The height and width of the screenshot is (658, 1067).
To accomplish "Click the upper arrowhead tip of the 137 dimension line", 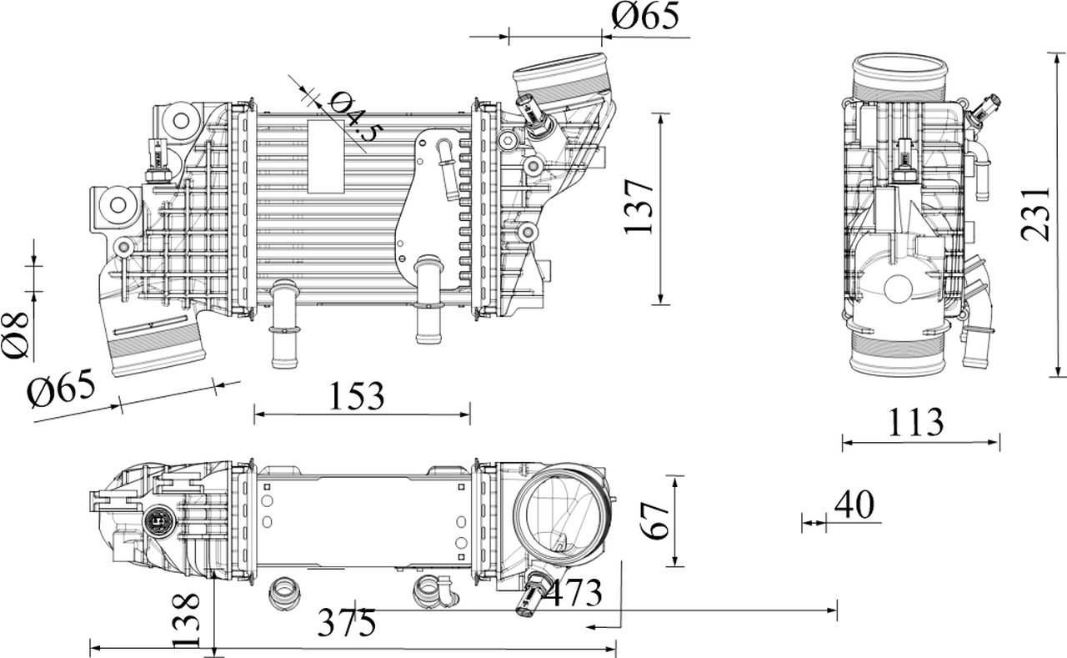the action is coord(660,114).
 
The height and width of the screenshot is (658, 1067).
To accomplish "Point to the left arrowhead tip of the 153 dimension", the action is coord(254,414).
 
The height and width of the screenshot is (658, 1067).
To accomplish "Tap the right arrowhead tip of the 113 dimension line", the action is coord(999,443).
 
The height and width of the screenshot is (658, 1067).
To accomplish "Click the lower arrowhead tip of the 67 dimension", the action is coord(675,566).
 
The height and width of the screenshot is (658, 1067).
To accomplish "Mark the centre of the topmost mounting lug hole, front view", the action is coord(181,121).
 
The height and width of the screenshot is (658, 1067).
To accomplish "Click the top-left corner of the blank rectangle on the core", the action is coord(308,120).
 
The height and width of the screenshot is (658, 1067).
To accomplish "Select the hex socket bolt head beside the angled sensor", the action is coord(507,141).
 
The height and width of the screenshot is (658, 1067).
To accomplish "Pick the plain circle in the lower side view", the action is coord(898,289).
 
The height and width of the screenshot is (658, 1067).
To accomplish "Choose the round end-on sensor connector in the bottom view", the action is coord(160,523).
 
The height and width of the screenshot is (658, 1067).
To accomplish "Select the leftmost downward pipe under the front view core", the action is coord(284,324).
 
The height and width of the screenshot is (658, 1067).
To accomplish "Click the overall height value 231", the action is coord(1036,214).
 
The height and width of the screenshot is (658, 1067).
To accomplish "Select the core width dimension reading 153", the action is coord(357,396).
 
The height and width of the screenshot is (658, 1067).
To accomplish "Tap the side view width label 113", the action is coord(916,422).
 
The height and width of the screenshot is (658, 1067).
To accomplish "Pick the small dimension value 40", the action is coord(854,505).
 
